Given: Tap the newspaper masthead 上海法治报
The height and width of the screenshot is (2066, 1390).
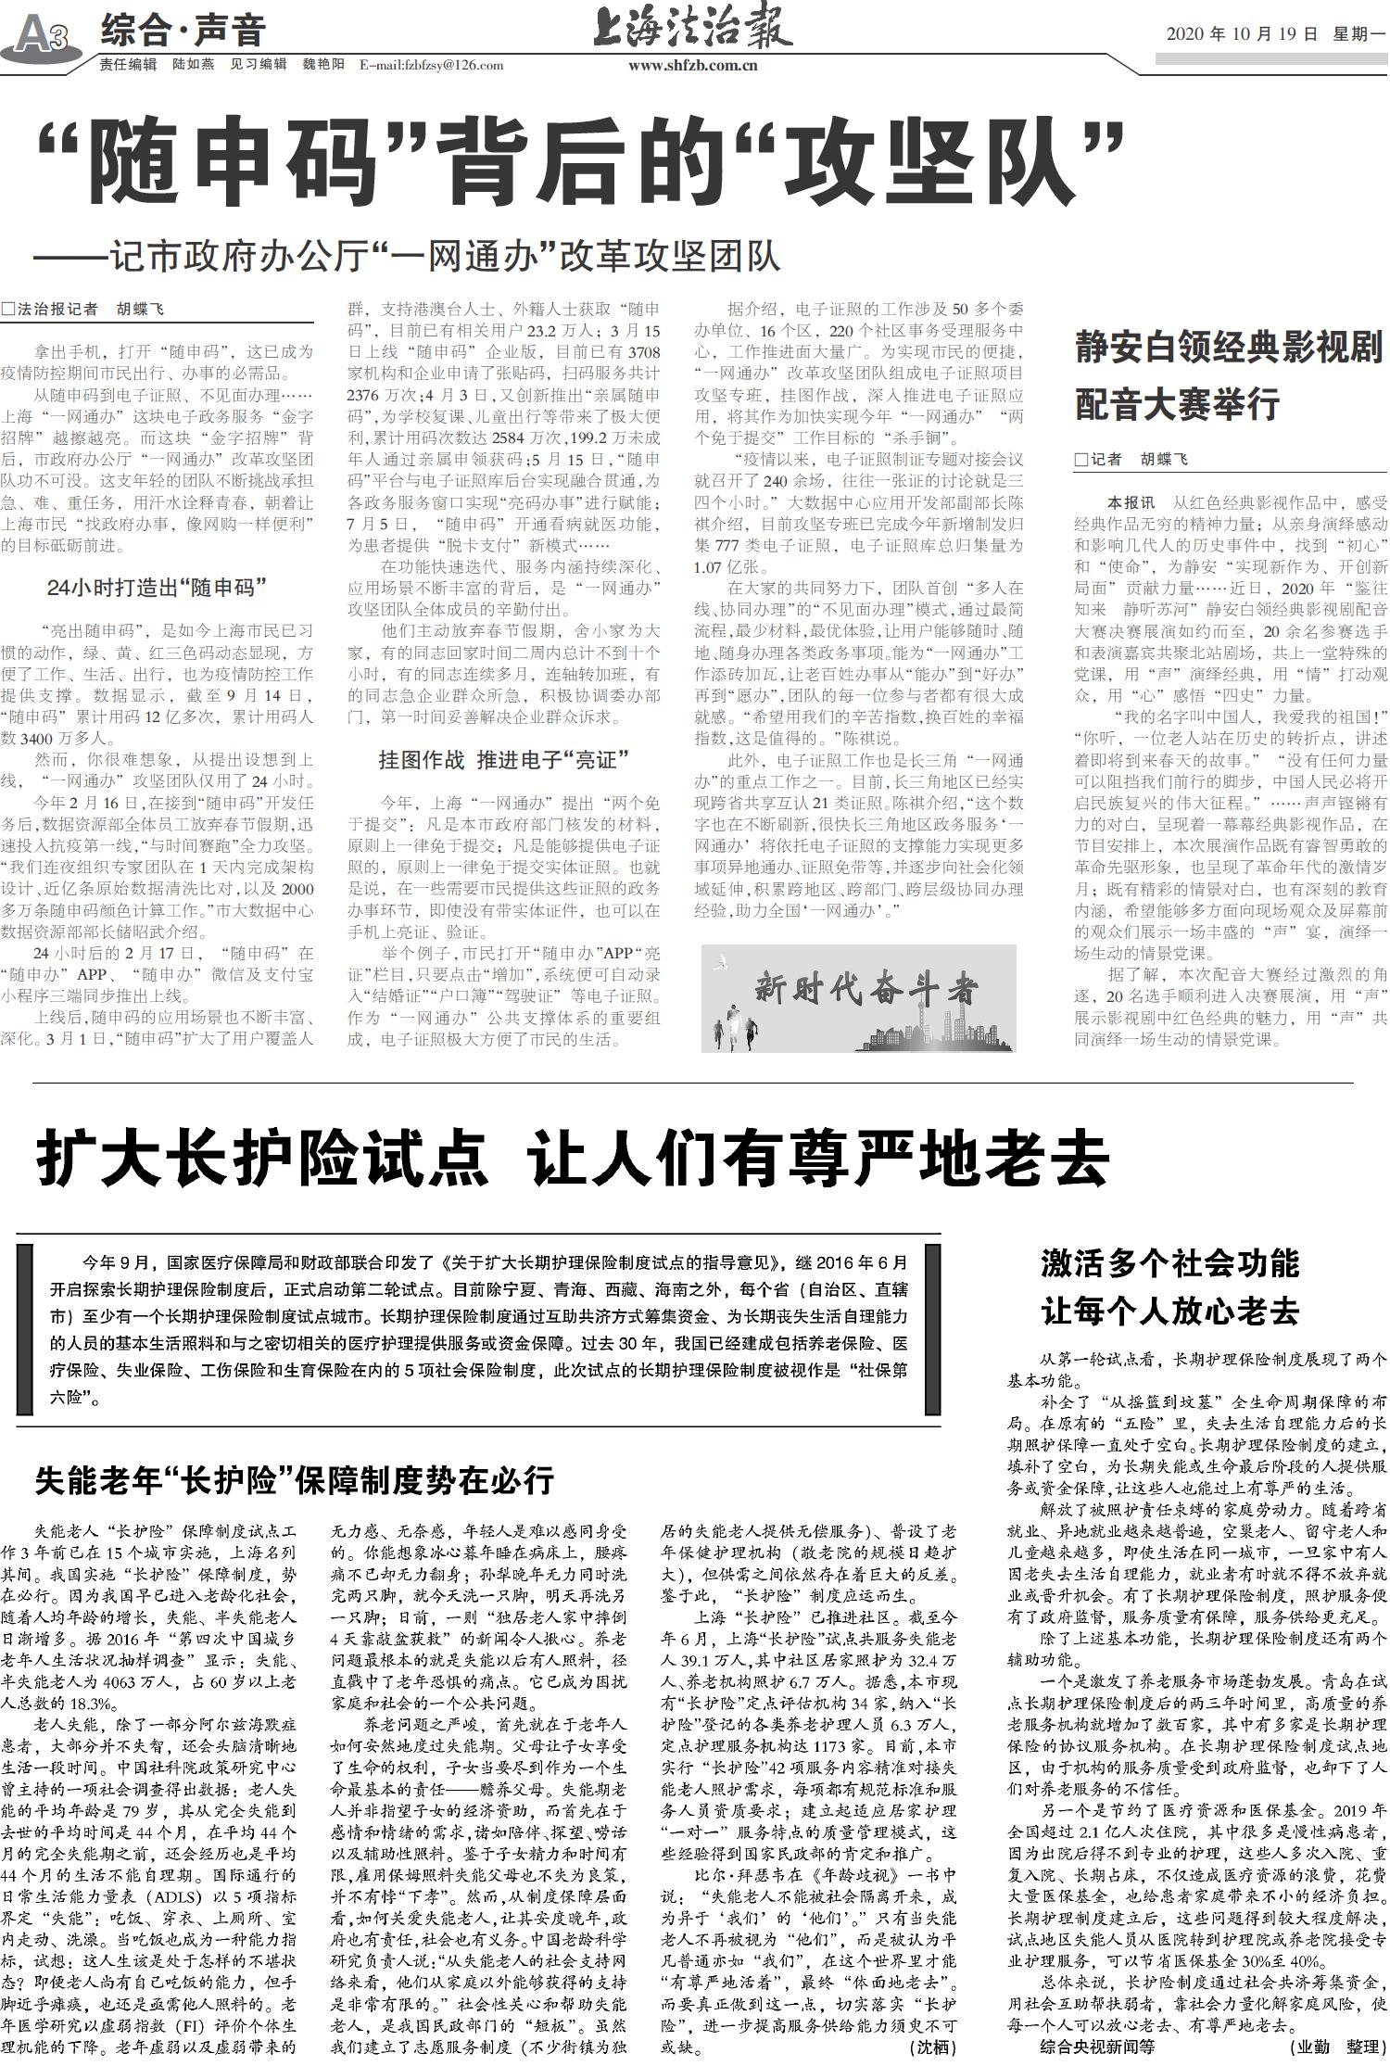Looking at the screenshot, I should point(692,28).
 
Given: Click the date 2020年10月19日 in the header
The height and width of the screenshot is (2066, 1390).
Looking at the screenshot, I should point(1241,34).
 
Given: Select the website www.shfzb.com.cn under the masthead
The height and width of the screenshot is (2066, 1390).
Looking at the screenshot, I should point(692,65).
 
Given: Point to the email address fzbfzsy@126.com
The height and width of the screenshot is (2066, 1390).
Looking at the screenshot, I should point(430,65).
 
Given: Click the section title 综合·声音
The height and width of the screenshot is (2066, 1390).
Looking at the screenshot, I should point(183,32).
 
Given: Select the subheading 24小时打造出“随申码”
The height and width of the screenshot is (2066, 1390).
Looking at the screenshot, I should point(157,587).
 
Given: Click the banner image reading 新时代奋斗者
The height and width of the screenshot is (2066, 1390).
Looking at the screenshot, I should point(858,997).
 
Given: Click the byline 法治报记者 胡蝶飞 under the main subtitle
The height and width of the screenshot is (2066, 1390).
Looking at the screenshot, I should point(89,309).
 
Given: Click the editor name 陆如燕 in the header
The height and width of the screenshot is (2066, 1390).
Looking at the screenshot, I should point(194,65).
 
